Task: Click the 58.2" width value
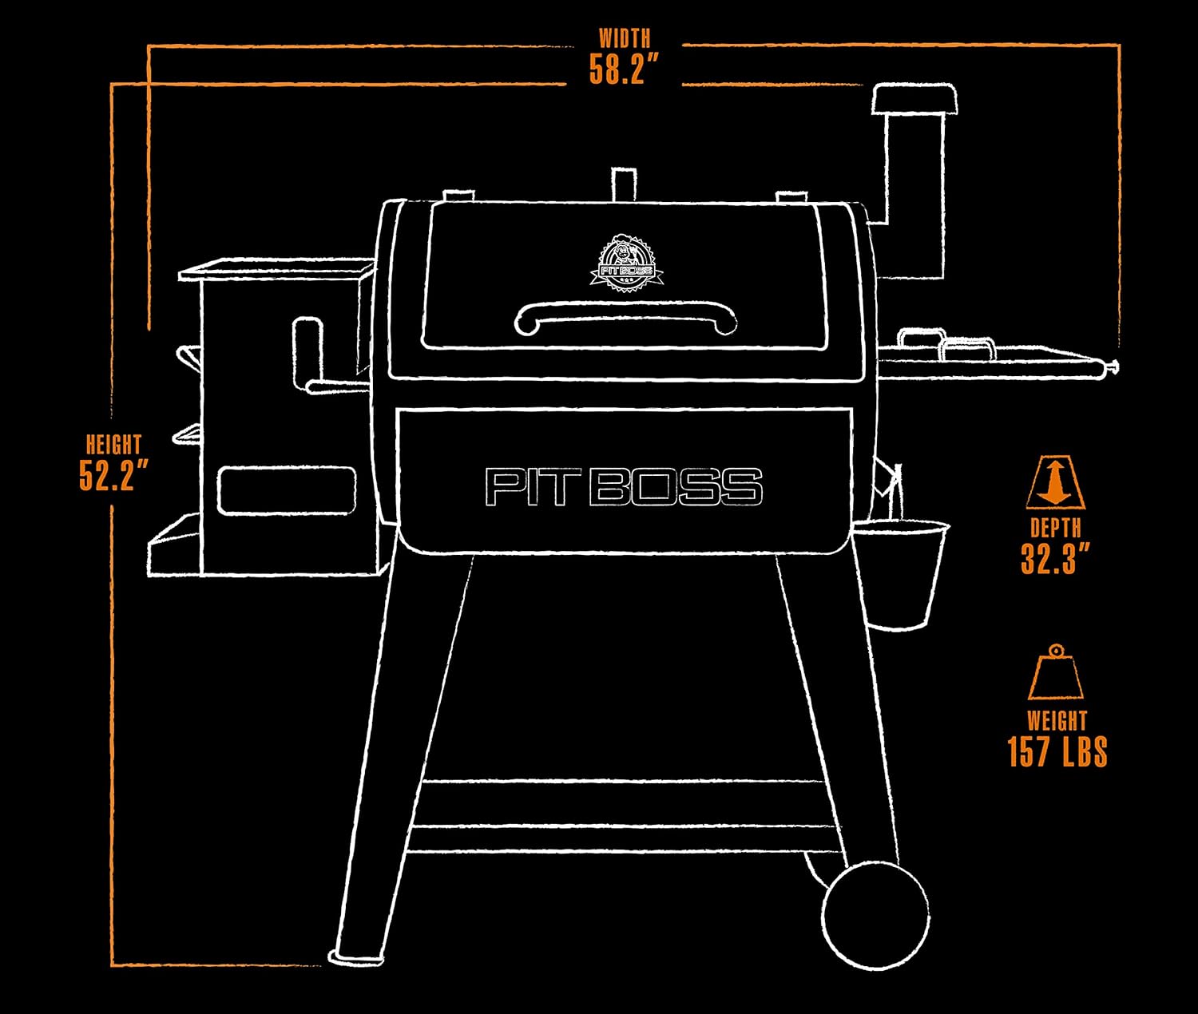(x=624, y=69)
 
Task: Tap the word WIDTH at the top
(x=625, y=38)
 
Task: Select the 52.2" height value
(x=113, y=474)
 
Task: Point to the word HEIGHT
(x=113, y=445)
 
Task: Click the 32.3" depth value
(x=1055, y=558)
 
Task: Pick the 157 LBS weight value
(x=1057, y=751)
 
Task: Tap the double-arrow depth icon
(x=1055, y=482)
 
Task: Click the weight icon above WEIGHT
(x=1055, y=672)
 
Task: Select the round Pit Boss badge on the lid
(x=626, y=263)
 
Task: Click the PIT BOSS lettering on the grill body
(x=624, y=487)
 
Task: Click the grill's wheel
(x=876, y=915)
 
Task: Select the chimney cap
(x=914, y=98)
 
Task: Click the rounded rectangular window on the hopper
(x=287, y=490)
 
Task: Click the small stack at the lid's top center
(x=624, y=185)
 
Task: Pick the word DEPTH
(x=1055, y=528)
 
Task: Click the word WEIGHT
(x=1057, y=721)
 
